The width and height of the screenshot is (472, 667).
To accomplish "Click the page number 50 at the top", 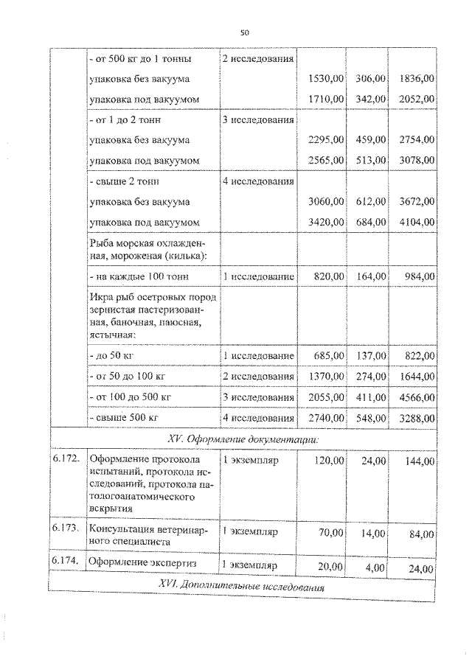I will pyautogui.click(x=245, y=32).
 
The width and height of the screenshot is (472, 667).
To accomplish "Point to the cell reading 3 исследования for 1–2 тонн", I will pyautogui.click(x=258, y=119).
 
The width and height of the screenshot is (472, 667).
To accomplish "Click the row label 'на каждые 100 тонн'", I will pyautogui.click(x=138, y=276).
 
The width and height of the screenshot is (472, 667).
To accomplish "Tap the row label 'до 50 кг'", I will pyautogui.click(x=112, y=356).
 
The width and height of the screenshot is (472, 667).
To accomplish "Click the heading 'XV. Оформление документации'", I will pyautogui.click(x=244, y=439).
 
